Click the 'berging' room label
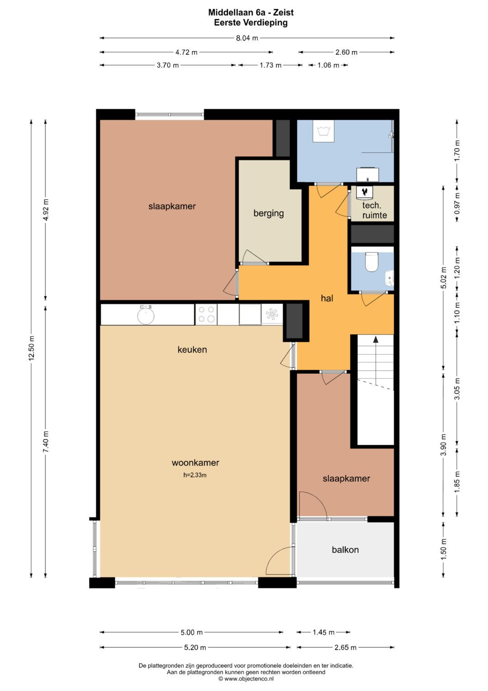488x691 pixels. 269,213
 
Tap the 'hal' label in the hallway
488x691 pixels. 327,298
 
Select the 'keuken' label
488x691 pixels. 192,349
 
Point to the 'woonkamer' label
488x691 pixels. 195,462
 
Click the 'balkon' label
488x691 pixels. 345,549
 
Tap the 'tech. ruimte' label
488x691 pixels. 374,210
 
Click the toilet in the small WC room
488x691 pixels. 371,262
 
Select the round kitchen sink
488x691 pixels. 145,315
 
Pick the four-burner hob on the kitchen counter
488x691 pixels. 206,315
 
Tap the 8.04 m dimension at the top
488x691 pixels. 247,38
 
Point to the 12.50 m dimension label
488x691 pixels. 32,348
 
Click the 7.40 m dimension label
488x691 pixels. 46,442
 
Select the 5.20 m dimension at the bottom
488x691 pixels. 195,647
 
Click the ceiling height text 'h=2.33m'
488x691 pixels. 195,475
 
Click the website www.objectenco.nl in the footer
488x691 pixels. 249,678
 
